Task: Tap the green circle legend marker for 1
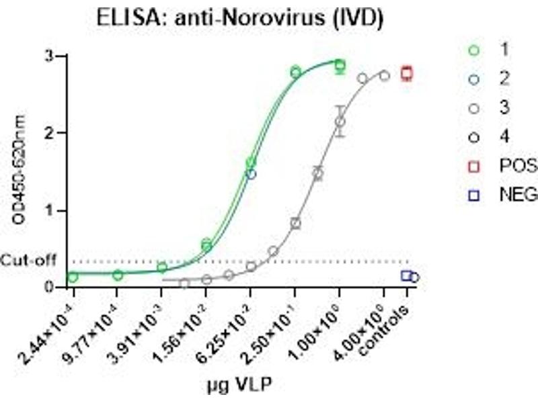pos(475,50)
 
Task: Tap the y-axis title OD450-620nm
pos(16,171)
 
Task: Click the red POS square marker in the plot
pos(406,73)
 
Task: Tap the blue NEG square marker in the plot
pos(406,275)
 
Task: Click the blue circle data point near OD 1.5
pos(252,174)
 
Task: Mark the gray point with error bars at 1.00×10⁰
pos(340,122)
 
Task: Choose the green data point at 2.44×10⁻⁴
pos(73,276)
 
